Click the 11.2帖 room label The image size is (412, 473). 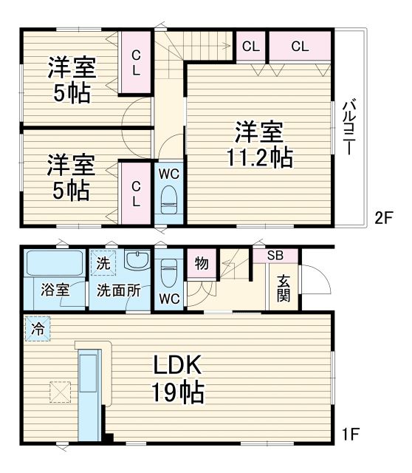pos(259,146)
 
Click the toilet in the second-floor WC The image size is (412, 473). pos(169,198)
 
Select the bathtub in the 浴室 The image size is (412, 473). pos(55,263)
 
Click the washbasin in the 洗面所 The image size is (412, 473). pos(137,260)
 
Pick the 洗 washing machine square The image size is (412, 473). pos(103,262)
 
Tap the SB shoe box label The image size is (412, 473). pos(275,256)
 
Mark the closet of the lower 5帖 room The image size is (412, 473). pos(137,193)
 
